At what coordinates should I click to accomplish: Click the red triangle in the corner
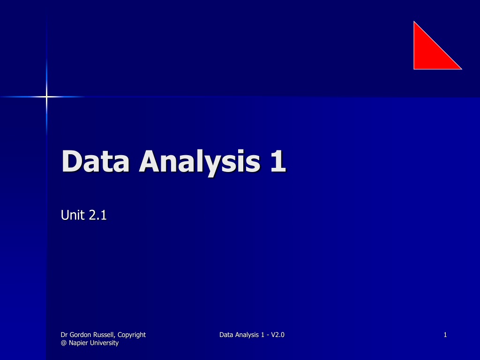pos(429,53)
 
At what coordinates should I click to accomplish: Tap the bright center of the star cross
pos(46,97)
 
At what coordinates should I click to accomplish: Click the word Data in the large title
pos(95,161)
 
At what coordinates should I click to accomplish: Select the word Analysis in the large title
pos(200,163)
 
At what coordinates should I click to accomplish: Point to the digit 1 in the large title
pos(278,161)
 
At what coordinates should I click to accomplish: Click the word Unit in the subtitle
pos(73,215)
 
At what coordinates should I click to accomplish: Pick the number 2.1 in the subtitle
pos(97,215)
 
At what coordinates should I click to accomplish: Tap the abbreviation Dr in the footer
pos(64,335)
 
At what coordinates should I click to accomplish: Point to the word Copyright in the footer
pos(132,335)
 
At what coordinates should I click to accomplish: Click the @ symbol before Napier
pos(64,343)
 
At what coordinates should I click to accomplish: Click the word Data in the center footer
pos(226,335)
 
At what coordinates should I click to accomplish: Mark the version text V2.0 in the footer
pos(277,335)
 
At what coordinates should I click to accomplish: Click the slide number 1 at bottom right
pos(445,335)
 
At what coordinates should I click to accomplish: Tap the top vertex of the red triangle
pos(414,21)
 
